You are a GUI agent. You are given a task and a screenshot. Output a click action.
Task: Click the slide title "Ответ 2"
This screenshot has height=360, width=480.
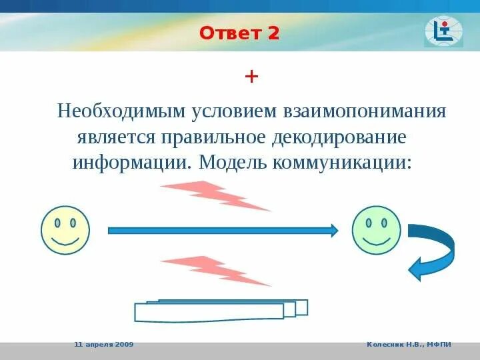point(239,33)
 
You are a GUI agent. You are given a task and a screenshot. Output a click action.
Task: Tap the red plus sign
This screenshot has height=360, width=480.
point(251,77)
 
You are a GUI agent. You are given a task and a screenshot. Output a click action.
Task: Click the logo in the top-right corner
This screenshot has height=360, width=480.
point(443,31)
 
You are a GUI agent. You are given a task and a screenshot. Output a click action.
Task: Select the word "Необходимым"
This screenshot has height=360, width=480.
point(121,111)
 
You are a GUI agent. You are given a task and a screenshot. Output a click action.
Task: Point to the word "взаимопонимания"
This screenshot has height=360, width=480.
point(365,111)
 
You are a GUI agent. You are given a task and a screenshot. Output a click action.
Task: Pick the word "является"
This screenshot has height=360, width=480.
point(116,138)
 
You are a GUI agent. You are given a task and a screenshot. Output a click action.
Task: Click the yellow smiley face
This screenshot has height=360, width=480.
point(65,230)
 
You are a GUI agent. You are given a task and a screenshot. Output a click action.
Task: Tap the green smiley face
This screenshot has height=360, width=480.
point(376,230)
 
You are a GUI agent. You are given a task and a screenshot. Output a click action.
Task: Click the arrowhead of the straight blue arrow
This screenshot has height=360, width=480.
point(334,230)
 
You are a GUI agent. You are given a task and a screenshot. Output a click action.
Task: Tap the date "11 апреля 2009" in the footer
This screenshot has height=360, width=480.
point(104,345)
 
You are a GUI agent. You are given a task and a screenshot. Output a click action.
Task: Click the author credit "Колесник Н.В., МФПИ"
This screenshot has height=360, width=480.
point(409,345)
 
